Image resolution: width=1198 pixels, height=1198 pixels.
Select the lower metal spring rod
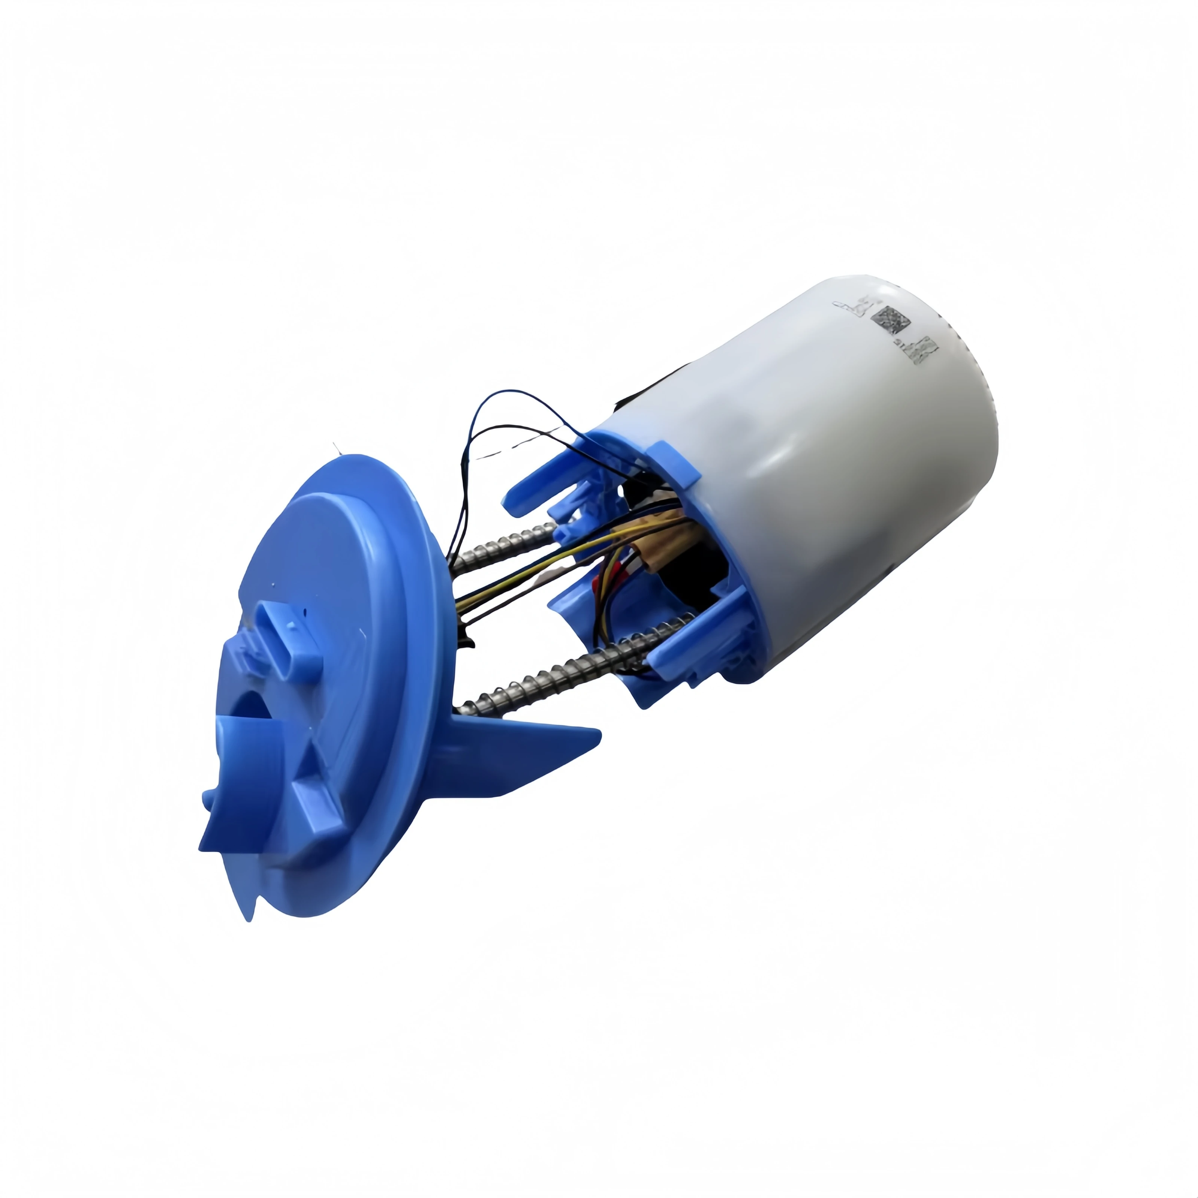point(558,670)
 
